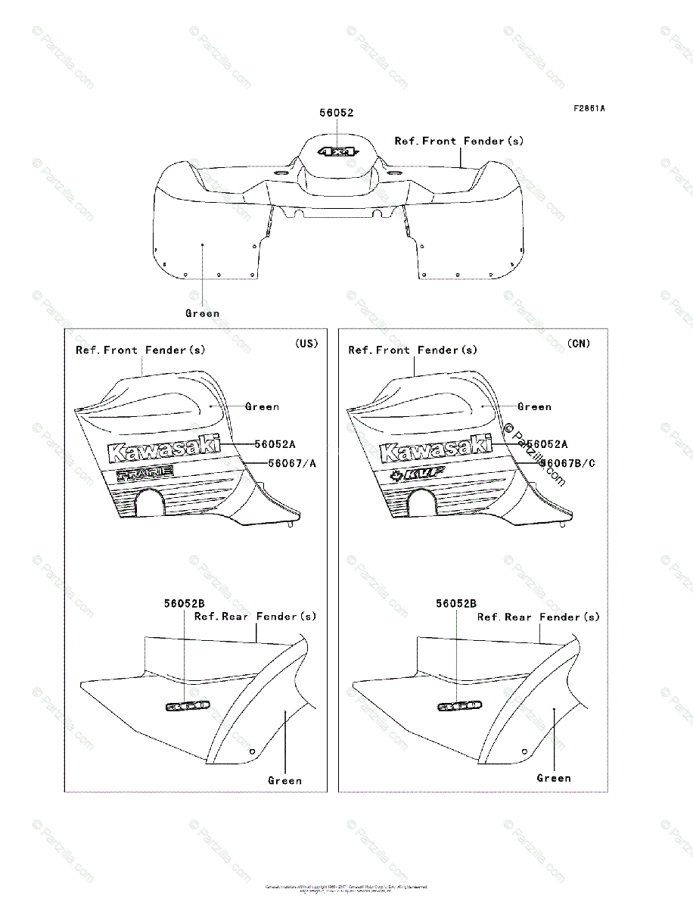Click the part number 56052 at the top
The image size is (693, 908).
tap(337, 113)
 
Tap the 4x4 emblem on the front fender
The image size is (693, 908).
tap(337, 151)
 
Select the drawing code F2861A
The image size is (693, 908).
tap(589, 108)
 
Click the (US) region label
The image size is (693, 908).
tap(306, 344)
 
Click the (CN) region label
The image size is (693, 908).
tap(579, 344)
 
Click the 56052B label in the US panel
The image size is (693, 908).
tap(185, 604)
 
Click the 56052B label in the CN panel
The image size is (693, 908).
tap(456, 604)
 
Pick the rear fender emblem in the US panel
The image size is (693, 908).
tap(187, 706)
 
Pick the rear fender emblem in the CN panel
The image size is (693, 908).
tap(459, 706)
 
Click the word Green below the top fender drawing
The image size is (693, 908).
tap(202, 313)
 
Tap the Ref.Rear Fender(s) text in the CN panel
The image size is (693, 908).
tap(538, 617)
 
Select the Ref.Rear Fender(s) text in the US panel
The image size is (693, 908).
tap(256, 617)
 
